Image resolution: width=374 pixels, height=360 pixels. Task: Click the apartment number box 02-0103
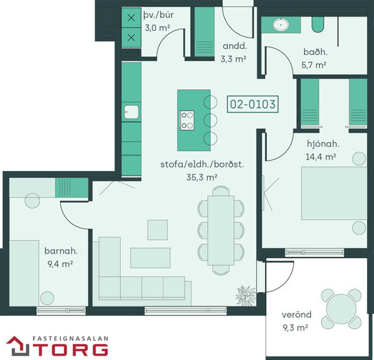(253, 104)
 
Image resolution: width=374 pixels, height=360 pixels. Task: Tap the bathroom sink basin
(281, 25)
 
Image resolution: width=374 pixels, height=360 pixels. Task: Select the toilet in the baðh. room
(318, 25)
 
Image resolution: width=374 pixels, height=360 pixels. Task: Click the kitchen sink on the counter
(131, 112)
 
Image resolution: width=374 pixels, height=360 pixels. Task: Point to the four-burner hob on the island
(187, 120)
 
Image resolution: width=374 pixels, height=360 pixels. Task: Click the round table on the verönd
(341, 308)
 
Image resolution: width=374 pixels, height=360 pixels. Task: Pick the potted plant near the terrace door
(246, 295)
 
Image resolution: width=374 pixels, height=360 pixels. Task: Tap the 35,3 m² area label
(202, 177)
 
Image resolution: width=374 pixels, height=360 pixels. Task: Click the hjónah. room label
(323, 144)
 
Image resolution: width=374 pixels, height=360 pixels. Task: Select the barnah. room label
(61, 251)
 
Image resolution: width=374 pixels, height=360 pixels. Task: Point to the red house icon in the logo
(18, 346)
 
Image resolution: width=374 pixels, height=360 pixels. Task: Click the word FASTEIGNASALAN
(70, 339)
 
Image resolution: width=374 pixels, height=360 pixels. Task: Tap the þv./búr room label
(159, 15)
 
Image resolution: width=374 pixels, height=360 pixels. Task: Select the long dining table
(221, 230)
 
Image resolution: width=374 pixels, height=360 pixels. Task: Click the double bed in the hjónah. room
(334, 193)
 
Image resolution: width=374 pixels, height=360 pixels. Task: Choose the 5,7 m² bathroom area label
(314, 65)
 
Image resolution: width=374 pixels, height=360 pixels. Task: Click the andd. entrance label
(235, 46)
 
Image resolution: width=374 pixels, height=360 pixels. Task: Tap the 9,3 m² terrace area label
(295, 328)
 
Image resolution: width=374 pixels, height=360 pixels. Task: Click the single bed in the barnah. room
(24, 273)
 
